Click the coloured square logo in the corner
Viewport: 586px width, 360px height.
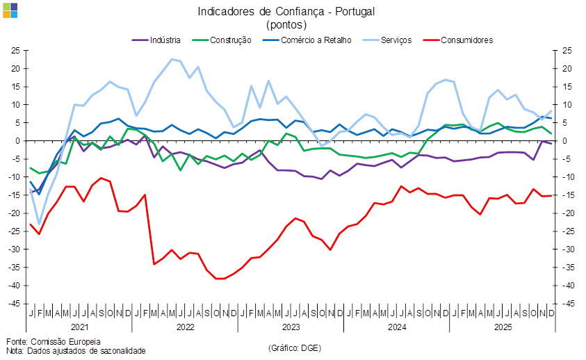(10, 10)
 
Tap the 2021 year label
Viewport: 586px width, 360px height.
(79, 326)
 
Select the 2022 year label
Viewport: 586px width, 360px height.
(185, 326)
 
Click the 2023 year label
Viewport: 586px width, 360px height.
(291, 326)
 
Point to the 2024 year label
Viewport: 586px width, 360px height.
(396, 326)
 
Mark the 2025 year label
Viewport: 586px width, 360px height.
(502, 326)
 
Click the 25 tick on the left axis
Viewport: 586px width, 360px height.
(15, 51)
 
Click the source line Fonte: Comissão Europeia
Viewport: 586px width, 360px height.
(54, 341)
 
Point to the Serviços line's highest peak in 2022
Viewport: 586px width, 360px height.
(172, 60)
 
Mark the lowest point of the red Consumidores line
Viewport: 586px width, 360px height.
(220, 279)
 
